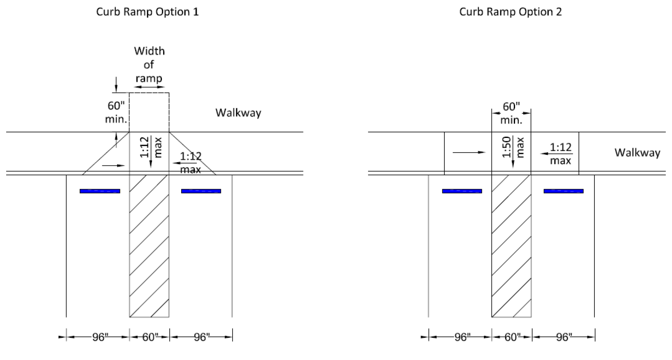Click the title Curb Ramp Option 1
pyautogui.click(x=147, y=12)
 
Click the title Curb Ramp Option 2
pyautogui.click(x=510, y=12)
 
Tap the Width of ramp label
pyautogui.click(x=149, y=64)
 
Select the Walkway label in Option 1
pyautogui.click(x=238, y=113)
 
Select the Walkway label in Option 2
pyautogui.click(x=637, y=153)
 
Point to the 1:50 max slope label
pyautogui.click(x=513, y=147)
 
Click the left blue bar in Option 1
pyautogui.click(x=100, y=191)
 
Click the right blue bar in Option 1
pyautogui.click(x=201, y=191)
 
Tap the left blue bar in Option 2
pyautogui.click(x=462, y=191)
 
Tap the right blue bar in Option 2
pyautogui.click(x=564, y=191)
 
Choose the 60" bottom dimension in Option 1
pyautogui.click(x=150, y=337)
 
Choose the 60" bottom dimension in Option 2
pyautogui.click(x=512, y=337)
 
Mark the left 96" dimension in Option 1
pyautogui.click(x=100, y=337)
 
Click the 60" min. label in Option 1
pyautogui.click(x=116, y=112)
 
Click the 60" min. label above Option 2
pyautogui.click(x=511, y=113)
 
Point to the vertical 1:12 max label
pyautogui.click(x=151, y=147)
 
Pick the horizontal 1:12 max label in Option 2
pyautogui.click(x=560, y=154)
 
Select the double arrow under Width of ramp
pyautogui.click(x=149, y=87)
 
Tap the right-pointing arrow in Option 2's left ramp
pyautogui.click(x=469, y=153)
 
